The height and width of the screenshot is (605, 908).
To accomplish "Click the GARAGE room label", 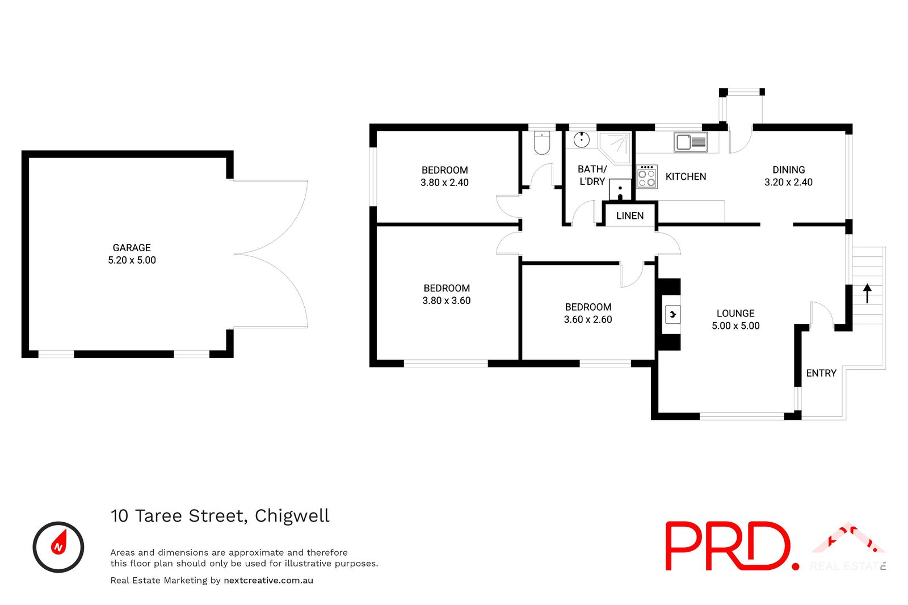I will pos(132,248).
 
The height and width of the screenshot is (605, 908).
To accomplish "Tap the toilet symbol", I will pos(543,143).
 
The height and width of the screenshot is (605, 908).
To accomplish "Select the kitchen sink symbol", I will pos(690,142).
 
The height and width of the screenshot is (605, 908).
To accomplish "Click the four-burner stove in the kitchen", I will pos(646,176).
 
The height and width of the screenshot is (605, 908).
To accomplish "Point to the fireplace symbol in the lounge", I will pos(672,314).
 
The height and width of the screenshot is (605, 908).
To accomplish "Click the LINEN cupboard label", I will pos(630,216).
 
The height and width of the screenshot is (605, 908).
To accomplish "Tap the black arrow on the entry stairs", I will pos(867,294).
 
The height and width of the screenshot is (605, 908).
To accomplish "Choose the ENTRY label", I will pos(821,373).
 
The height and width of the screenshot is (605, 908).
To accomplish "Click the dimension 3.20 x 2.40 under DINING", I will pos(788,183).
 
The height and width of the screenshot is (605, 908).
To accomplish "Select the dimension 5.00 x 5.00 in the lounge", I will pos(735,326).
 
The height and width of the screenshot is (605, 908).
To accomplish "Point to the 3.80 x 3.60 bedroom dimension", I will pos(447,301).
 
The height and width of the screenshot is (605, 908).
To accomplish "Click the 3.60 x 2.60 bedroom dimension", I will pos(588,320).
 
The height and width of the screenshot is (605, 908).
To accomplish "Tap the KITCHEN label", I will pos(686,177).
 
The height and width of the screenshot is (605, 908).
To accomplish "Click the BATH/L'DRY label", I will pos(592,175).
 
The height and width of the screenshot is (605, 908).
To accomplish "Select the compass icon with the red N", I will pos(58,547).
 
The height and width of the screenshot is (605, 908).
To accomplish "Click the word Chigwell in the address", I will pos(292,515).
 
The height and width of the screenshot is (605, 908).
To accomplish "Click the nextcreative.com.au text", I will pos(268,580).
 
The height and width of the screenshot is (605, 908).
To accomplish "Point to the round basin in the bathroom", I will pos(582,139).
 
